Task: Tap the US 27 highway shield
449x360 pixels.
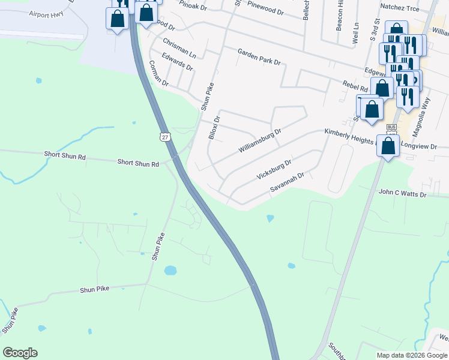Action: click(x=165, y=137)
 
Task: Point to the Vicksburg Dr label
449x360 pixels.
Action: click(x=274, y=170)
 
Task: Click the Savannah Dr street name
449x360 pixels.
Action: click(x=288, y=183)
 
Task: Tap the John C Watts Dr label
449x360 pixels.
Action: click(x=402, y=194)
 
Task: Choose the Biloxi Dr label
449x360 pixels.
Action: click(x=214, y=128)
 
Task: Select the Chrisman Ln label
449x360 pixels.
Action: click(x=179, y=47)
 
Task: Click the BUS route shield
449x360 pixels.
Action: click(x=391, y=128)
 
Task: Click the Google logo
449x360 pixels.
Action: click(x=20, y=353)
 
